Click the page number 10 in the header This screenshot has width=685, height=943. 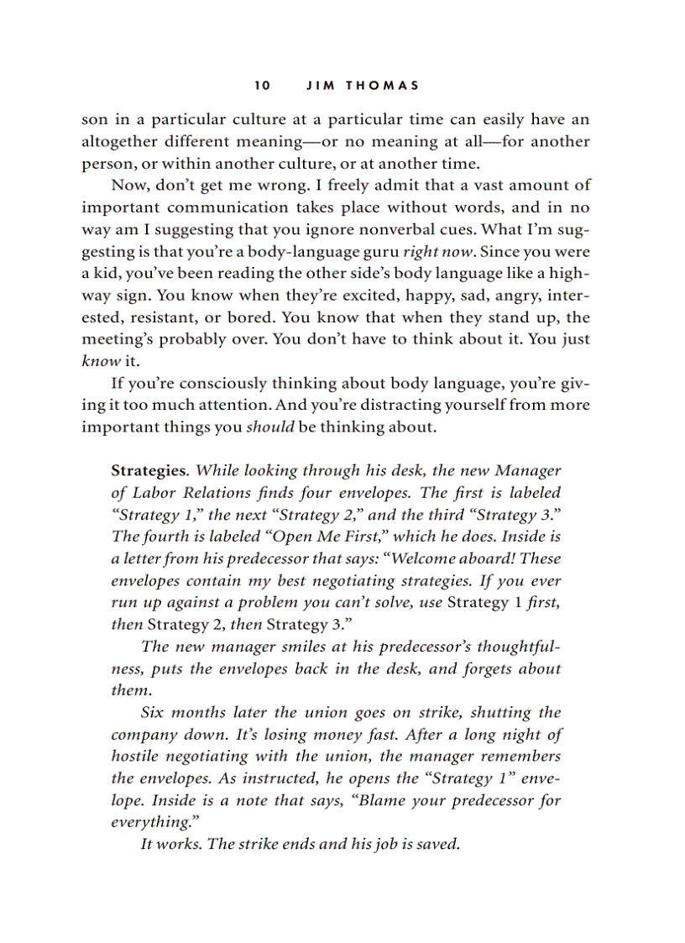coord(262,86)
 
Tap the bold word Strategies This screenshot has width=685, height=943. coord(147,471)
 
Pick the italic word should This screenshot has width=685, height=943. coord(269,427)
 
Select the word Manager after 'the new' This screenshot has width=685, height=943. coord(528,471)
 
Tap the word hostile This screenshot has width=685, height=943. coord(136,757)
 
